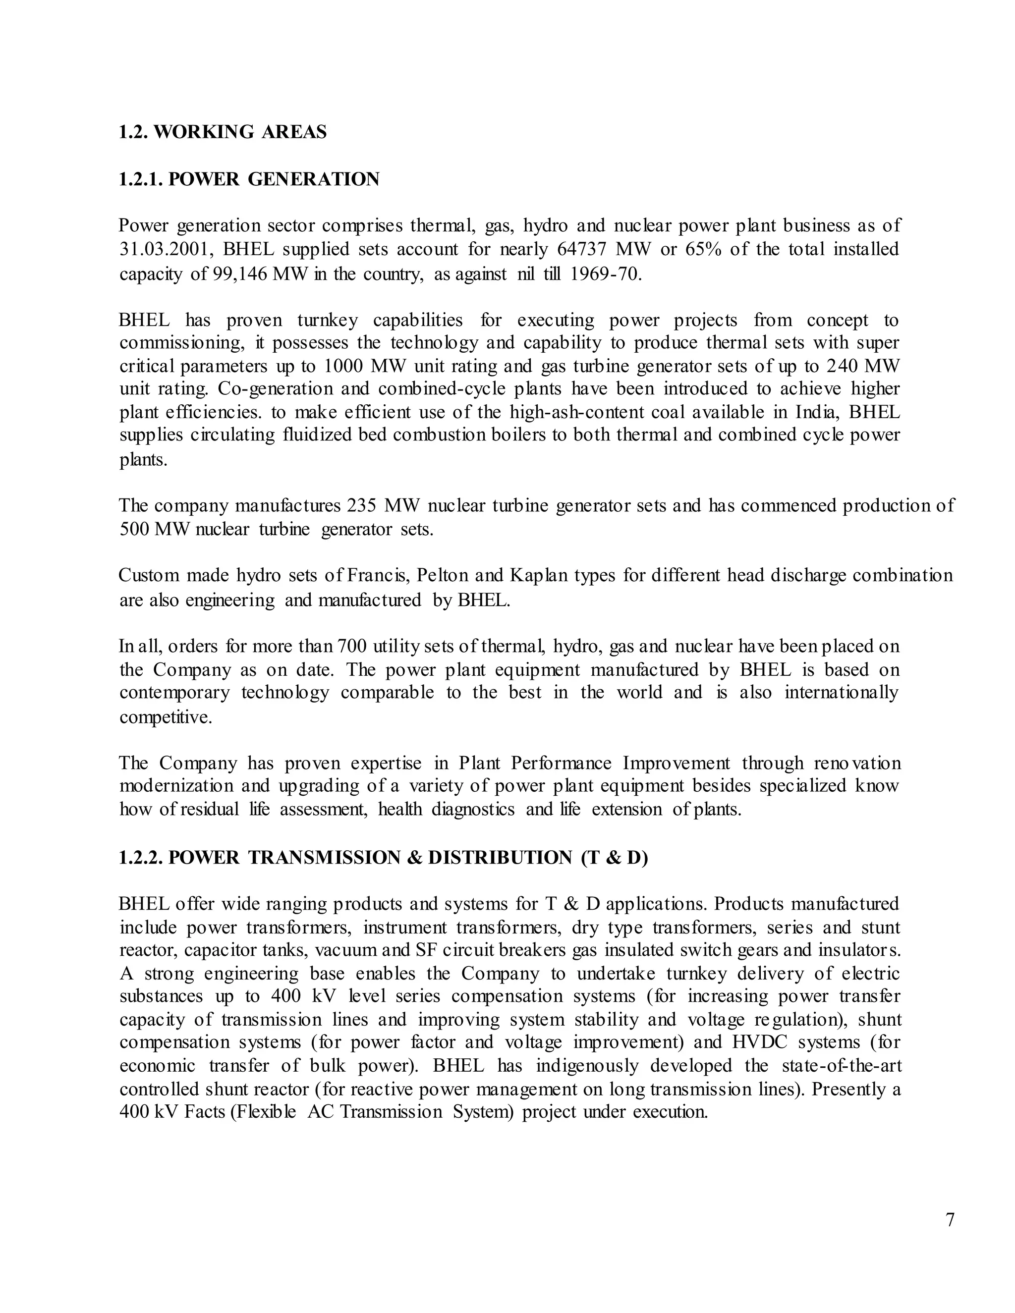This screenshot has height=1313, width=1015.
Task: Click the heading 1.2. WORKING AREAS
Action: tap(223, 132)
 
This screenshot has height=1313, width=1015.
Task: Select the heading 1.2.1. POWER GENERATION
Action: tap(249, 179)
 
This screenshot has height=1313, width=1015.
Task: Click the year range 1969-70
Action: tap(606, 274)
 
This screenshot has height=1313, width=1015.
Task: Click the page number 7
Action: tap(950, 1220)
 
